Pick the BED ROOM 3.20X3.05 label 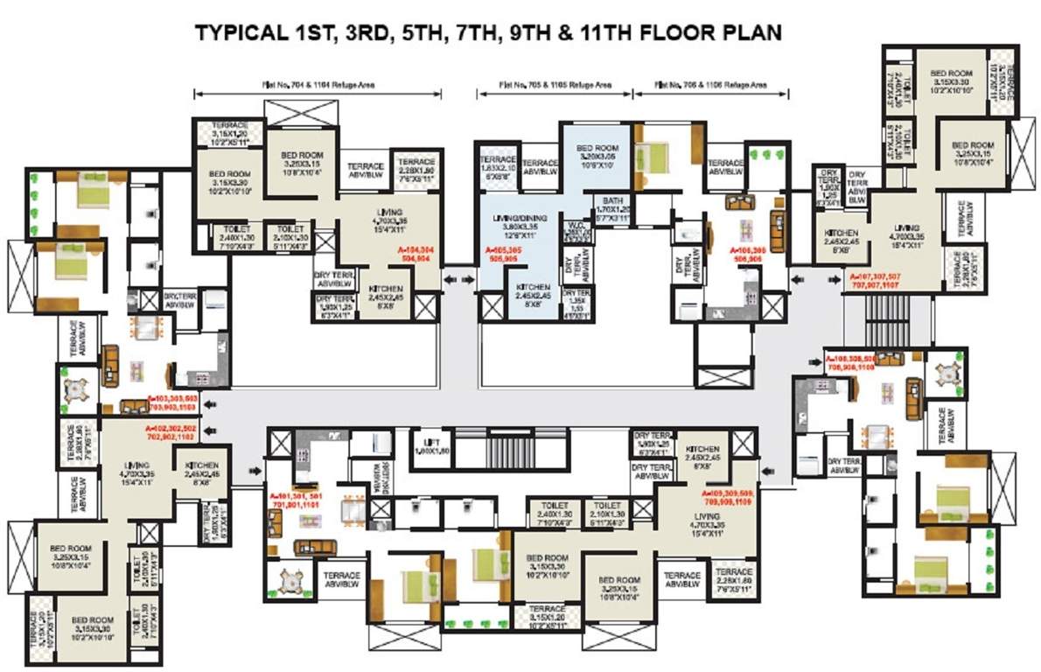click(597, 154)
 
